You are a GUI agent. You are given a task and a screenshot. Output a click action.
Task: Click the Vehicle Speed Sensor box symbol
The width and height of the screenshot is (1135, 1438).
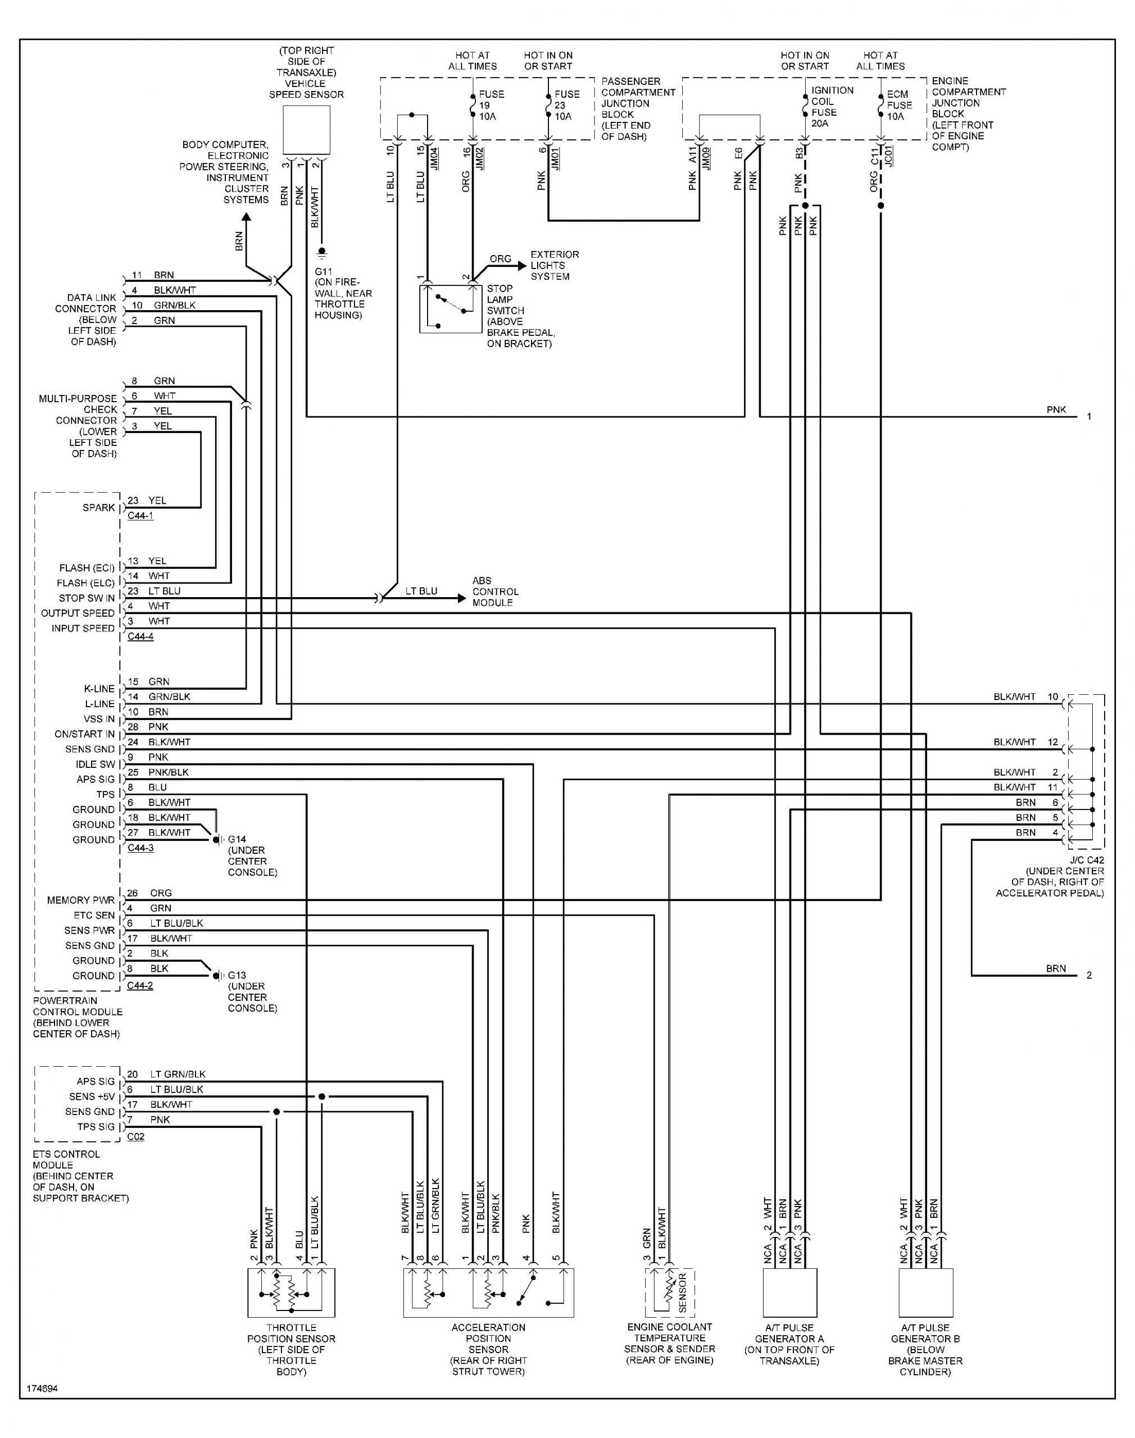306,131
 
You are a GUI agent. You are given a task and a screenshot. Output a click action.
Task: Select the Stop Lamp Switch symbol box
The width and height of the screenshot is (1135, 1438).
450,309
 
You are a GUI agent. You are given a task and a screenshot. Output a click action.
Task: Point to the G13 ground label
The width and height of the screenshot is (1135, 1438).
237,976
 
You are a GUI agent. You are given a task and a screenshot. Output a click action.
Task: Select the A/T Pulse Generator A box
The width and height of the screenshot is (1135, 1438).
789,1293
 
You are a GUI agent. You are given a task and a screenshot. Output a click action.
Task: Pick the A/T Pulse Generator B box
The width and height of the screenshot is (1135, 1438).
925,1293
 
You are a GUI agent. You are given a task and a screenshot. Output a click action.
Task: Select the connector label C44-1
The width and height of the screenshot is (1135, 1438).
140,516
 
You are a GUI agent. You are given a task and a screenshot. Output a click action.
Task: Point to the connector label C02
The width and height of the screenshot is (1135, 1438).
135,1136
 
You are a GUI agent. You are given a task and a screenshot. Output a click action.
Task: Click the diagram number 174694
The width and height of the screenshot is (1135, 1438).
42,1389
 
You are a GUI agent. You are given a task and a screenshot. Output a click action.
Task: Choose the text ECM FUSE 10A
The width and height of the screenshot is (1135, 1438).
900,106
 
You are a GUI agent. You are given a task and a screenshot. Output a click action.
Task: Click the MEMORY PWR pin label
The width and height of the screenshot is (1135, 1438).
80,900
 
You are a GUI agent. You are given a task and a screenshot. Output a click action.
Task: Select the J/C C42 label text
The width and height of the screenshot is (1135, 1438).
1086,860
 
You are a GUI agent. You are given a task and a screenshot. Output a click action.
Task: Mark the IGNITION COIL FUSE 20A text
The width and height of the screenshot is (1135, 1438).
832,106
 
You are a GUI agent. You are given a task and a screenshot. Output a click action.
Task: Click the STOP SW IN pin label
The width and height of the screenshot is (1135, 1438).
87,598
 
